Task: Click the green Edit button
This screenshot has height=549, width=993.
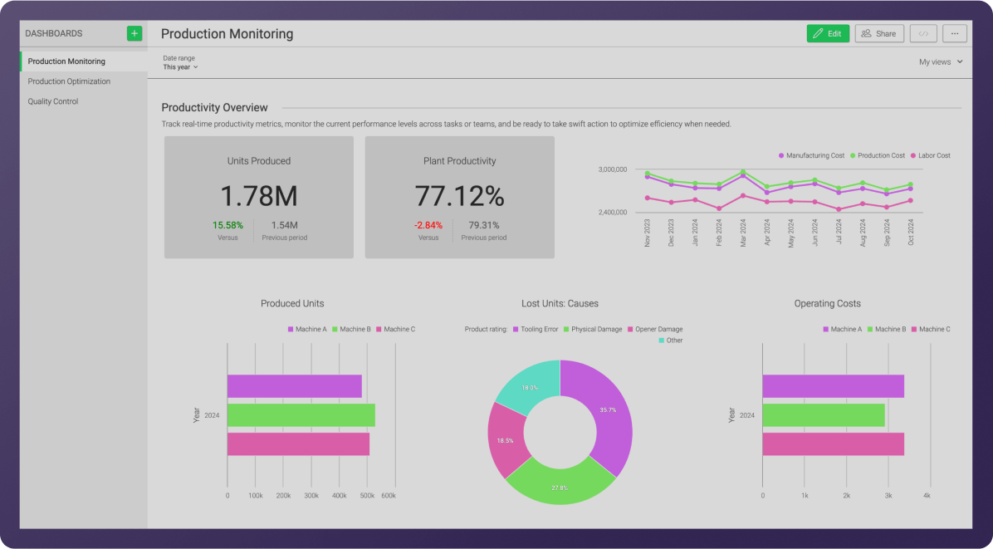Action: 827,33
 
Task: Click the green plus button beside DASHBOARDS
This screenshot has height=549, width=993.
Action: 135,33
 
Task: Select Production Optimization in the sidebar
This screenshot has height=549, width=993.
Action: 69,81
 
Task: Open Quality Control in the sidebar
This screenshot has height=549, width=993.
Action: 53,101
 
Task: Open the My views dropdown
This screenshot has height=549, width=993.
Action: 941,62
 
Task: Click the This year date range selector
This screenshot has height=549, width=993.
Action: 180,67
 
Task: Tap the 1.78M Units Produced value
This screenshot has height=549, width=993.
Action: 259,196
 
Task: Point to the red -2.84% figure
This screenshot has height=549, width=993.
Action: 428,225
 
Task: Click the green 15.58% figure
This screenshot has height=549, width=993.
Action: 227,225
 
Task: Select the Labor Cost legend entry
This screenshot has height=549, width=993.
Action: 930,155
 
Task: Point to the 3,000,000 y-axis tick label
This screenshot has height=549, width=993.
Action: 612,169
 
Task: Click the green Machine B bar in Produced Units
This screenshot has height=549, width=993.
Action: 301,415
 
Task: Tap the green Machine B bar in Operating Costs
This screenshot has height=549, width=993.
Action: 823,415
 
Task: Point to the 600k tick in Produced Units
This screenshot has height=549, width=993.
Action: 388,496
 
